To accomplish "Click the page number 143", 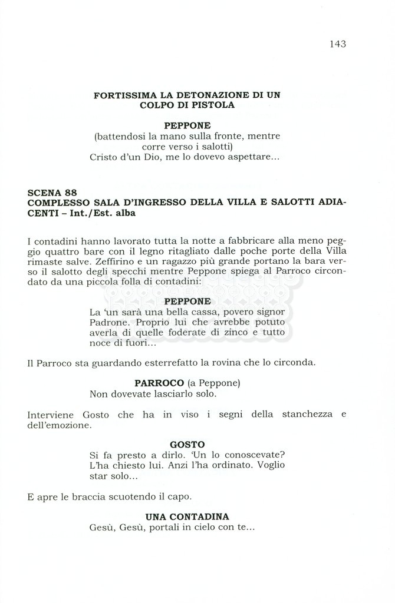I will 338,44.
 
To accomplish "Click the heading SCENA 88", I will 52,192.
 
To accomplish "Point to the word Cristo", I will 104,157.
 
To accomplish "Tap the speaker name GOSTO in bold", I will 187,445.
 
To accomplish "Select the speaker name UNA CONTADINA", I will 187,516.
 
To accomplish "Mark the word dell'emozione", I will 59,425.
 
